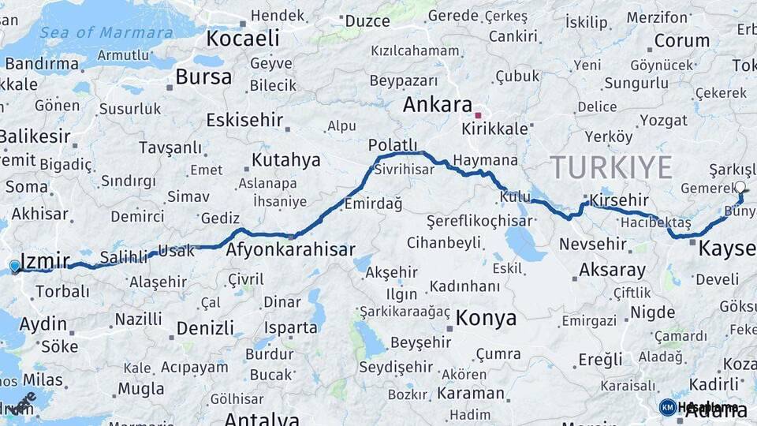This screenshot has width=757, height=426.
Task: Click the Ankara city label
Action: (438, 106)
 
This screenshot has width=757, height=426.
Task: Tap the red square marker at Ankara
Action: (478, 115)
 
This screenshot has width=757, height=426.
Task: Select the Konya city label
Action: (487, 318)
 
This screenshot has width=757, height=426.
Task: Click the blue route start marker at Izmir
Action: (14, 266)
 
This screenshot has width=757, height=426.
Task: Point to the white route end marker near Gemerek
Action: (740, 188)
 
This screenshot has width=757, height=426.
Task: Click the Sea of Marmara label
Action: (106, 33)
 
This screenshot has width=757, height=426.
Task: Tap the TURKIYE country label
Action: (611, 167)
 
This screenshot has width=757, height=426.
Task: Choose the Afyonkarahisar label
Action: (290, 250)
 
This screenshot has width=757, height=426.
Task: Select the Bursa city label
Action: (203, 77)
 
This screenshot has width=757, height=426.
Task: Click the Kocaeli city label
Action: (243, 38)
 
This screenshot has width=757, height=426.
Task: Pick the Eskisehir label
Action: (243, 120)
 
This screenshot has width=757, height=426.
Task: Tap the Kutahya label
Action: (285, 160)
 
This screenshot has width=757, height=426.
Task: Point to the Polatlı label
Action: (392, 145)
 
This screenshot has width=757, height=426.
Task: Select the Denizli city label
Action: (205, 327)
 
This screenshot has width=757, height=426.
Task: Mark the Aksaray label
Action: (612, 270)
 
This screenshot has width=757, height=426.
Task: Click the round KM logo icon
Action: (668, 407)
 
